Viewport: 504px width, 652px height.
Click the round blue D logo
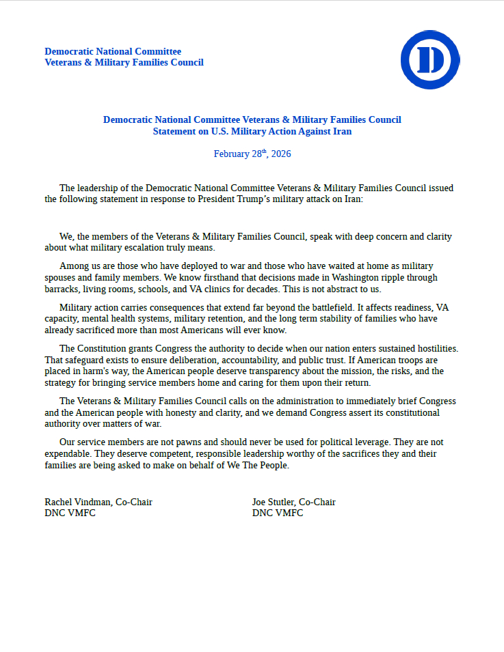429,59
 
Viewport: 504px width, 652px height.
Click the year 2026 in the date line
281,154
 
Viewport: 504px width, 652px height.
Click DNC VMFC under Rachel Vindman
70,513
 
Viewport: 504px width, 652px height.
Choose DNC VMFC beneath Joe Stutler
278,513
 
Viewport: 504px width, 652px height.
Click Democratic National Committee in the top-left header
113,51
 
